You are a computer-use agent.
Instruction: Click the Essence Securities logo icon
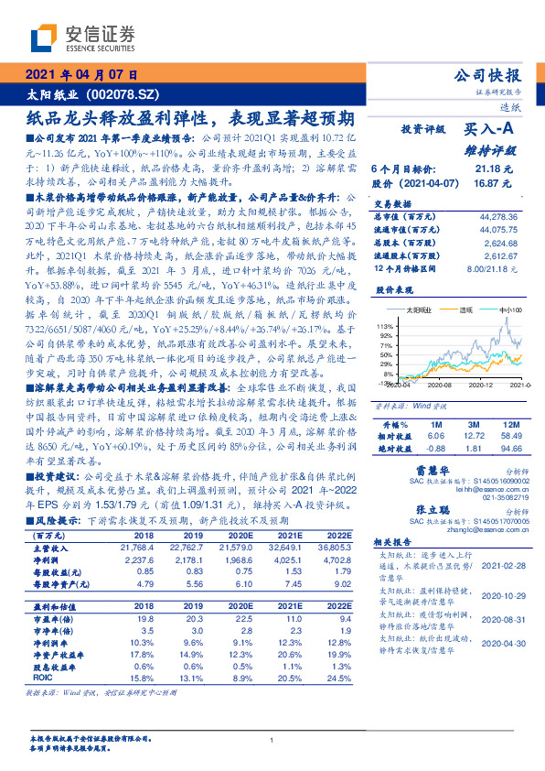(42, 37)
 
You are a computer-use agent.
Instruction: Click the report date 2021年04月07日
(81, 75)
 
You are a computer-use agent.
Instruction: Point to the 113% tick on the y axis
(385, 326)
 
